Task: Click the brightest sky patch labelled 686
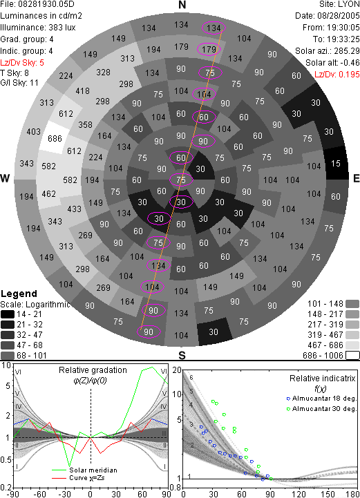[55, 138]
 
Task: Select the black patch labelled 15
[337, 163]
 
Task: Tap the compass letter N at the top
[182, 5]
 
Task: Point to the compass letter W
[5, 178]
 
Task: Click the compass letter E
[357, 178]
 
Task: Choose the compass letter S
[182, 355]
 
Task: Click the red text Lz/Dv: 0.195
[337, 75]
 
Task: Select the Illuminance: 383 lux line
[38, 28]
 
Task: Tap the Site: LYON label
[339, 4]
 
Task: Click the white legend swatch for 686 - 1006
[352, 355]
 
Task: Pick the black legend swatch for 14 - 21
[8, 314]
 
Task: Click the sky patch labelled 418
[83, 91]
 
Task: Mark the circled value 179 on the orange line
[209, 49]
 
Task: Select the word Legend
[19, 294]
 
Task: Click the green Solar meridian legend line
[59, 470]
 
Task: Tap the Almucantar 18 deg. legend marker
[288, 399]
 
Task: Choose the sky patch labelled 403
[33, 131]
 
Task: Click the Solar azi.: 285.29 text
[328, 51]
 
